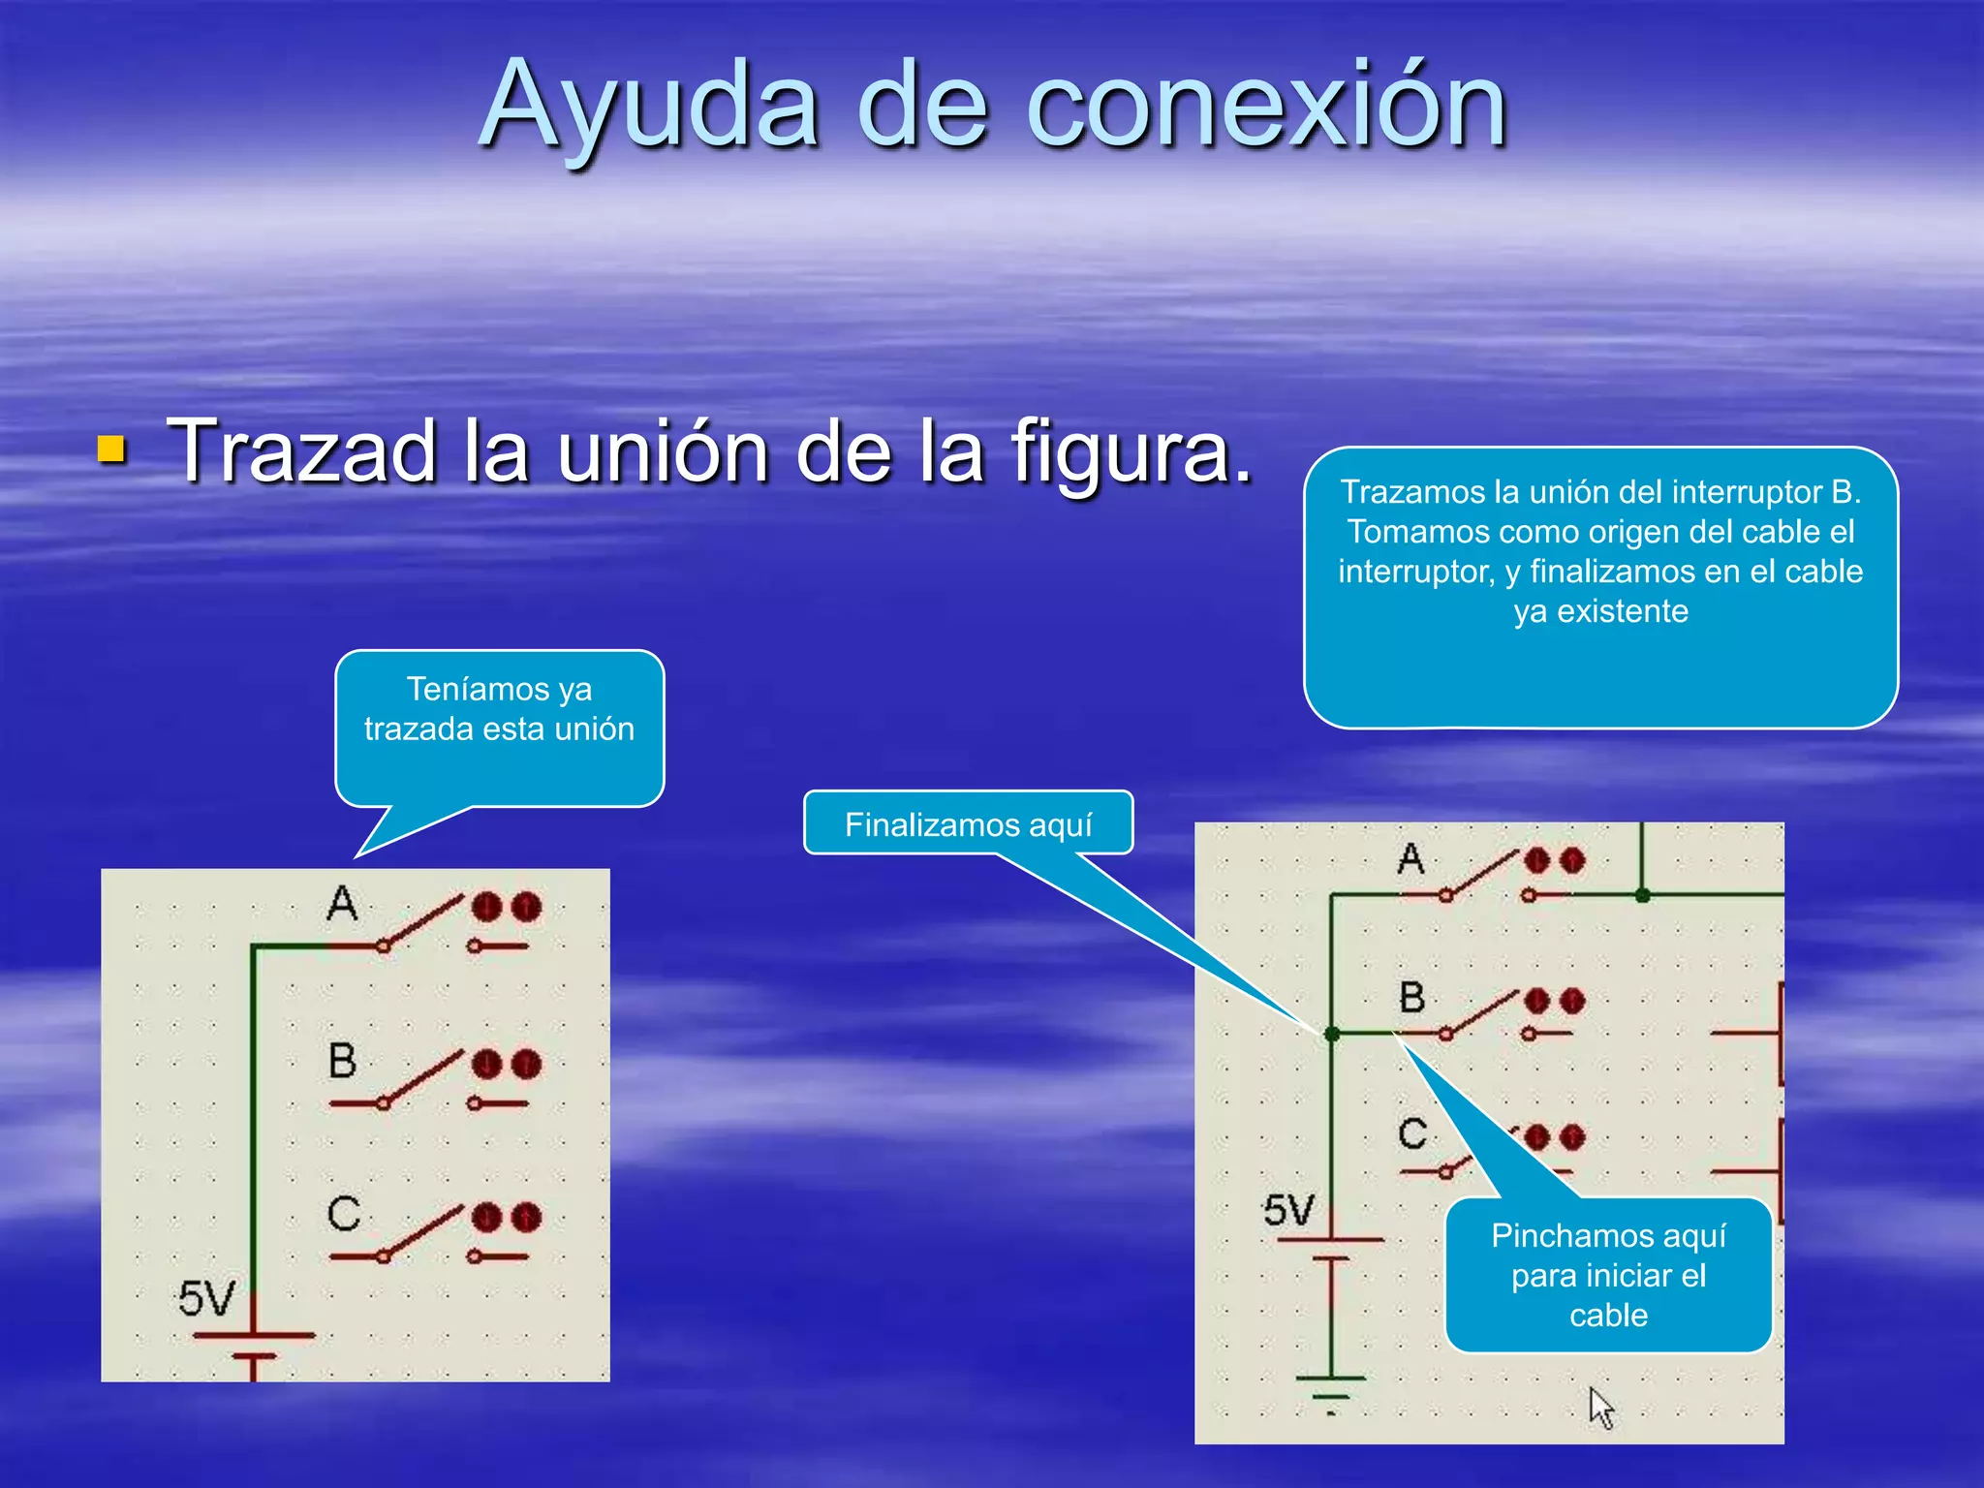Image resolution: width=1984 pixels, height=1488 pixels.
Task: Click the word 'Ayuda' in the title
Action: coord(649,107)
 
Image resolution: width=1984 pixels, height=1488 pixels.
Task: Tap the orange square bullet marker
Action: coord(112,449)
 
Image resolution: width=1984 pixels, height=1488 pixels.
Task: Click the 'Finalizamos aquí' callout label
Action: coord(968,824)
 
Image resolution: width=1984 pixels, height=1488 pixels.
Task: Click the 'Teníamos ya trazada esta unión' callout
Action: coord(499,709)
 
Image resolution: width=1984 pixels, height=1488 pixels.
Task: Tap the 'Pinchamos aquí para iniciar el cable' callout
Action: coord(1608,1275)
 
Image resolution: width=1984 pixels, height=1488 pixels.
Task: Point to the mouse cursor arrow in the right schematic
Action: coord(1599,1406)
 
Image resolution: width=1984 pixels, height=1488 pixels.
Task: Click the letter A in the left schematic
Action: coord(341,903)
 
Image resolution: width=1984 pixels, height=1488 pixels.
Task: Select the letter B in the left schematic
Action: coord(342,1061)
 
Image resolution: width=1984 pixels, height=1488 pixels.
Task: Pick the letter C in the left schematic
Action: coord(343,1214)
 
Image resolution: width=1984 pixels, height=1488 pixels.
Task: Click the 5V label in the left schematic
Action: coord(205,1299)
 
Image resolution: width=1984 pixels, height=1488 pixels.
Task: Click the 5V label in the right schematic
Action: coord(1288,1211)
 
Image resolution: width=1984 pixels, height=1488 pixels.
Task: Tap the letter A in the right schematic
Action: coord(1410,858)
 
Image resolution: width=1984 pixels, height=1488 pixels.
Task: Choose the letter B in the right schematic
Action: coord(1412,998)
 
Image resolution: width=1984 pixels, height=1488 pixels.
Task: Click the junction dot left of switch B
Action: coord(1332,1035)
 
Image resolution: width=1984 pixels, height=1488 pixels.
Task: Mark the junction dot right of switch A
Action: coord(1642,895)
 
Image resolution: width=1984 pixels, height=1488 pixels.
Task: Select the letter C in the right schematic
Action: coord(1412,1133)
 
